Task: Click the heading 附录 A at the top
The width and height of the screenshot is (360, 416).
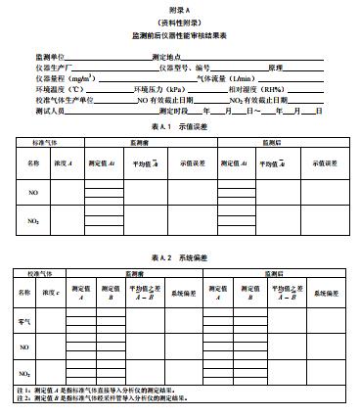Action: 179,8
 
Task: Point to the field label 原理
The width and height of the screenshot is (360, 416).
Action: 278,67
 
